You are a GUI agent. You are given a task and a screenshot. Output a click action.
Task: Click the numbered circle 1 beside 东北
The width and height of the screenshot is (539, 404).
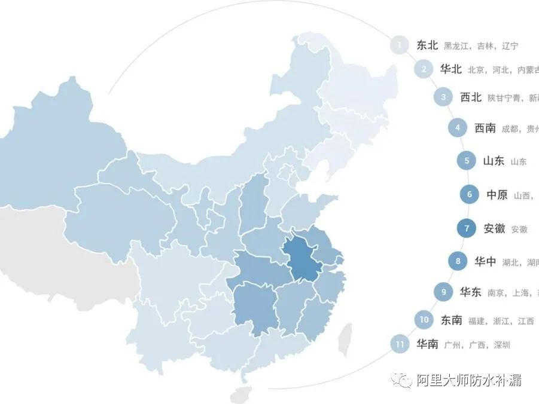coord(400,45)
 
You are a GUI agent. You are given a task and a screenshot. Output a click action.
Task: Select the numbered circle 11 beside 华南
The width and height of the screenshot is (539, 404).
coord(399,344)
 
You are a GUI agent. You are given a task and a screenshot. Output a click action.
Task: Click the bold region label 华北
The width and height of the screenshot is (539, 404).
coord(450,69)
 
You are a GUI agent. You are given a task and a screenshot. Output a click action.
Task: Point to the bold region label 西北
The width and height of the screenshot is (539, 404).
coord(470,97)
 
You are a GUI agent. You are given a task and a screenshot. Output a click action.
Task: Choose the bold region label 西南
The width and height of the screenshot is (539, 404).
coord(485,128)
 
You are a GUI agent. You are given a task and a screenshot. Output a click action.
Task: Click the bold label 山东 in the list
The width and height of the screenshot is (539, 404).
coord(493,161)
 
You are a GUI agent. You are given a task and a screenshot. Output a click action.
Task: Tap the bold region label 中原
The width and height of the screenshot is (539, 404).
coord(497,195)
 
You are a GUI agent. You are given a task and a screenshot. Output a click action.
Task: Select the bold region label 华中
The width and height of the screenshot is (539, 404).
coord(485,261)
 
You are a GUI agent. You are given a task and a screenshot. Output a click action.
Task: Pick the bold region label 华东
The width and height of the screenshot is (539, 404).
coord(470,292)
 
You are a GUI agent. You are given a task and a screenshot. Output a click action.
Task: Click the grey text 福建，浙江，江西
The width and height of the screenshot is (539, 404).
coord(501,322)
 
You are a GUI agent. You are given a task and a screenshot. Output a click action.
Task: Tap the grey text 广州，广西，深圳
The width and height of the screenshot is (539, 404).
coord(477,345)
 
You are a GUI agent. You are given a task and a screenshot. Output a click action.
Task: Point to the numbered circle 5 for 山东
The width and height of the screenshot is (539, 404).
coord(467,161)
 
